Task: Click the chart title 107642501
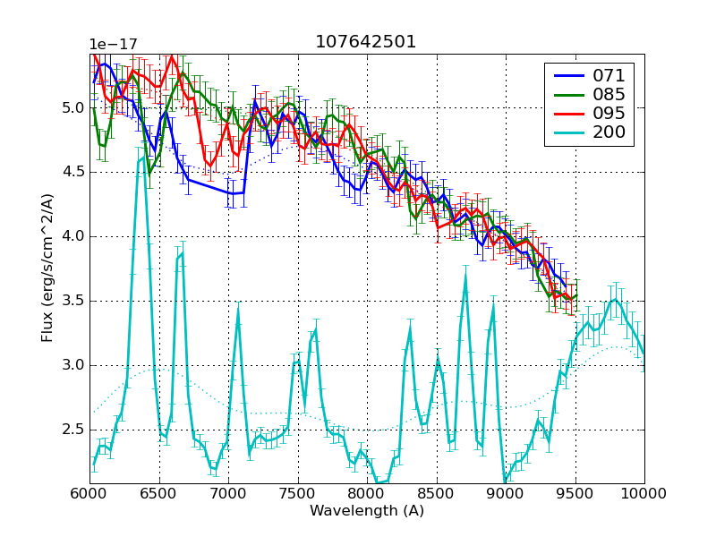pos(365,42)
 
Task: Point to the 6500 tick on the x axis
pos(159,494)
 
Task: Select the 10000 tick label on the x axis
pos(643,494)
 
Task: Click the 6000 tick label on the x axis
pos(89,494)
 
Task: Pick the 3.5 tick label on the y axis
pos(72,301)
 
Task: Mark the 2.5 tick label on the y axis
pos(72,430)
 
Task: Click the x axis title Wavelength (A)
pos(367,511)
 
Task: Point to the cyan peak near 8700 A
pos(465,277)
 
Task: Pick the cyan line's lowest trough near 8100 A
pos(381,483)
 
